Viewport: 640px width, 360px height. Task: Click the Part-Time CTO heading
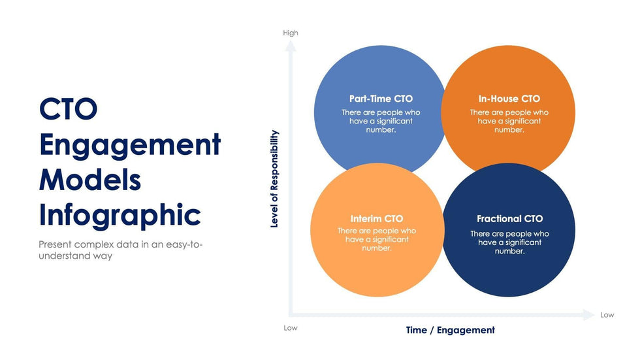tap(381, 99)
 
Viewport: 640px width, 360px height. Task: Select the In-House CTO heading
tap(509, 99)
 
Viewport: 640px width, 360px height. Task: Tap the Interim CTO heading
tap(377, 219)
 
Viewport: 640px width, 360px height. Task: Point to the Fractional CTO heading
tap(510, 219)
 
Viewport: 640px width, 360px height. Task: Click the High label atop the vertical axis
tap(291, 33)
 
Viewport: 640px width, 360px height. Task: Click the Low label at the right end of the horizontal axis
tap(607, 315)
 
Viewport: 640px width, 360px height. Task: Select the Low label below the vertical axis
tap(291, 328)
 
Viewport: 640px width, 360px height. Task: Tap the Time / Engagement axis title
tap(450, 330)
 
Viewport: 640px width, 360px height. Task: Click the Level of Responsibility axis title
tap(274, 179)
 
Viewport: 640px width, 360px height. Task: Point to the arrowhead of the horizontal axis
tap(589, 315)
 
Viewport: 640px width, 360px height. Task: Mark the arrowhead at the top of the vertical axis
tap(291, 46)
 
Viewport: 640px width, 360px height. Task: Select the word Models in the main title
tap(90, 180)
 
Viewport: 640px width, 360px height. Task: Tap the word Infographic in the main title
tap(120, 215)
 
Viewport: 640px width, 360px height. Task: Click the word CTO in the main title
tap(68, 109)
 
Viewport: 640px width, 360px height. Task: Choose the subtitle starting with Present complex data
tap(120, 250)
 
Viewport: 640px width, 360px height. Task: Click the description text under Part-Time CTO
tap(381, 122)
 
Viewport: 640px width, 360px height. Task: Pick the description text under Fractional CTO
tap(510, 242)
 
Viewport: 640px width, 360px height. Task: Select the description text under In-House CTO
tap(509, 122)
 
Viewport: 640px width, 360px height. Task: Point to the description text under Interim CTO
tap(377, 240)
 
